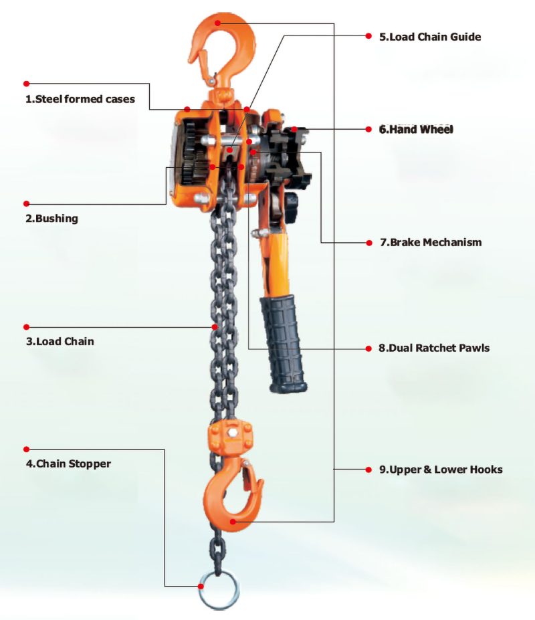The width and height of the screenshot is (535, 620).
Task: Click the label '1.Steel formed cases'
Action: point(80,99)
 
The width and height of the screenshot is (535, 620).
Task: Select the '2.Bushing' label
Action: point(51,218)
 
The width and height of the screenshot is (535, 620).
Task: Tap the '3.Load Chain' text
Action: point(60,341)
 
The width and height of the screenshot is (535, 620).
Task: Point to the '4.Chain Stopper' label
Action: point(68,463)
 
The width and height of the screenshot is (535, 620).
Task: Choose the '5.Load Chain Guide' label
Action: point(430,37)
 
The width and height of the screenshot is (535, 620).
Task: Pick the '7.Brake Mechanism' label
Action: point(431,242)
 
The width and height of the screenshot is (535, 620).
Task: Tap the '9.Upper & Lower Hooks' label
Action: point(441,470)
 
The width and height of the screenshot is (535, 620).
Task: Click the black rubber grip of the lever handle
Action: point(284,341)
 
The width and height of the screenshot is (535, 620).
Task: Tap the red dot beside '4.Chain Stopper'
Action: point(27,449)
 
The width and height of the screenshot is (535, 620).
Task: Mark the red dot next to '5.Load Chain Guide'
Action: point(368,36)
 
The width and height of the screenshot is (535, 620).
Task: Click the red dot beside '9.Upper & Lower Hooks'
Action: point(368,470)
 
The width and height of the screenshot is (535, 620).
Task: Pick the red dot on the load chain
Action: point(215,326)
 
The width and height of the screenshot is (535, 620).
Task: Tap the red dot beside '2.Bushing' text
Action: point(27,203)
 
